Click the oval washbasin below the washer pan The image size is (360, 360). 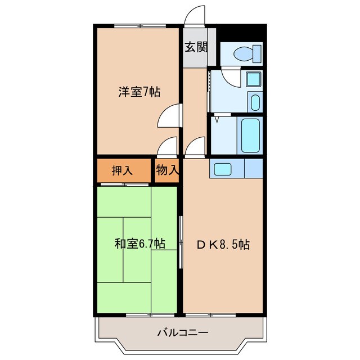[x=254, y=103]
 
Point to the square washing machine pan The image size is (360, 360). [x=253, y=79]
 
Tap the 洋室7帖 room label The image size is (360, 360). [x=139, y=92]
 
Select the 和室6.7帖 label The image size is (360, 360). [x=139, y=244]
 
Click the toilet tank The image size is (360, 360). [x=258, y=54]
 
